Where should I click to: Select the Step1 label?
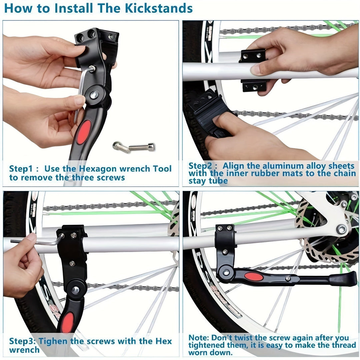point(21,169)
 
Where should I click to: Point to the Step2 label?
point(200,166)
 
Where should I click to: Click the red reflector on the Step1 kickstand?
point(83,132)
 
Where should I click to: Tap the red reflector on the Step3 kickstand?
point(68,322)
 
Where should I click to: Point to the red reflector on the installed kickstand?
point(254,276)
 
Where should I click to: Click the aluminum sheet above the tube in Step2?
point(253,56)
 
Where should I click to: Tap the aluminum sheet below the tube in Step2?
point(254,86)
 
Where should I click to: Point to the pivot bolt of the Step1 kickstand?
point(94,95)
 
